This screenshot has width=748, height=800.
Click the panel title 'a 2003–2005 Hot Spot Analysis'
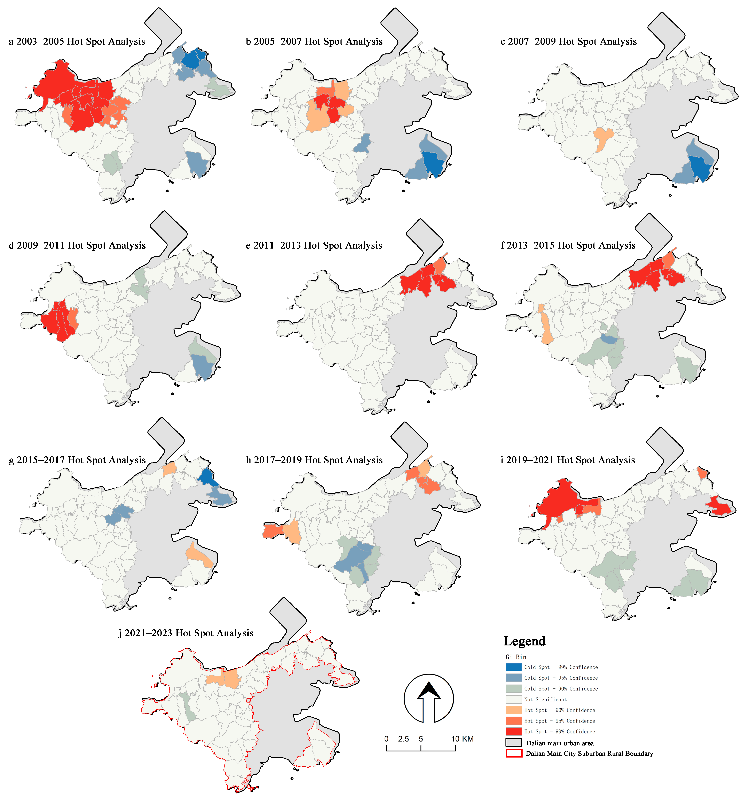pyautogui.click(x=77, y=41)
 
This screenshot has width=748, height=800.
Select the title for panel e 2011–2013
pyautogui.click(x=314, y=245)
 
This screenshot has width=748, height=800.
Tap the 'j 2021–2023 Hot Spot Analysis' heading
pyautogui.click(x=186, y=633)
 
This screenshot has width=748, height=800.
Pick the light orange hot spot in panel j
pyautogui.click(x=224, y=679)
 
